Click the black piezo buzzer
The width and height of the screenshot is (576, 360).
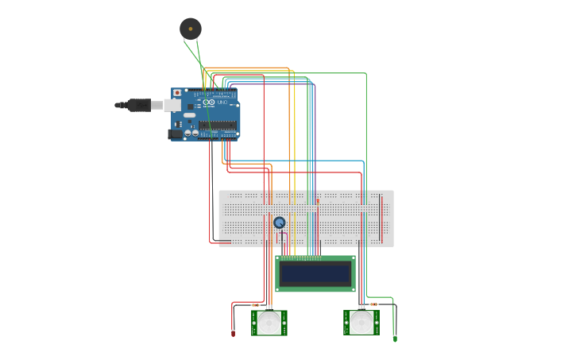pyautogui.click(x=190, y=29)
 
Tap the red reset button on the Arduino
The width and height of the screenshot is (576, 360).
pyautogui.click(x=176, y=93)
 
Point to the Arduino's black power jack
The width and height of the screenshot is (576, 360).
pyautogui.click(x=176, y=134)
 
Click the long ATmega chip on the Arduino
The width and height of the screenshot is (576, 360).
pyautogui.click(x=218, y=125)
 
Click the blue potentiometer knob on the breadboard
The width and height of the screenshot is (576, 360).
pyautogui.click(x=279, y=223)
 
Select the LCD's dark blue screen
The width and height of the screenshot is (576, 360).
pyautogui.click(x=315, y=273)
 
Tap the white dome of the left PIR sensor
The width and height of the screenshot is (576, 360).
pyautogui.click(x=269, y=322)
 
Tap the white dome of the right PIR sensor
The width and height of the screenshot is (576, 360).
pyautogui.click(x=361, y=322)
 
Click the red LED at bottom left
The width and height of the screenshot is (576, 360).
pyautogui.click(x=233, y=333)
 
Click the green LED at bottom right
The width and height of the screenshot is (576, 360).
pyautogui.click(x=395, y=339)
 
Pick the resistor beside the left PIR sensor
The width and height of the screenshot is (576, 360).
pyautogui.click(x=255, y=305)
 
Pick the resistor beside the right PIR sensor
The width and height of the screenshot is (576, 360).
pyautogui.click(x=373, y=304)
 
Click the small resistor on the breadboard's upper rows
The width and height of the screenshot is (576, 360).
pyautogui.click(x=318, y=201)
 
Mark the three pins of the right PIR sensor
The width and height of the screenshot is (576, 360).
pyautogui.click(x=361, y=308)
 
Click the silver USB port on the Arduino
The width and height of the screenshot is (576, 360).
pyautogui.click(x=172, y=105)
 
